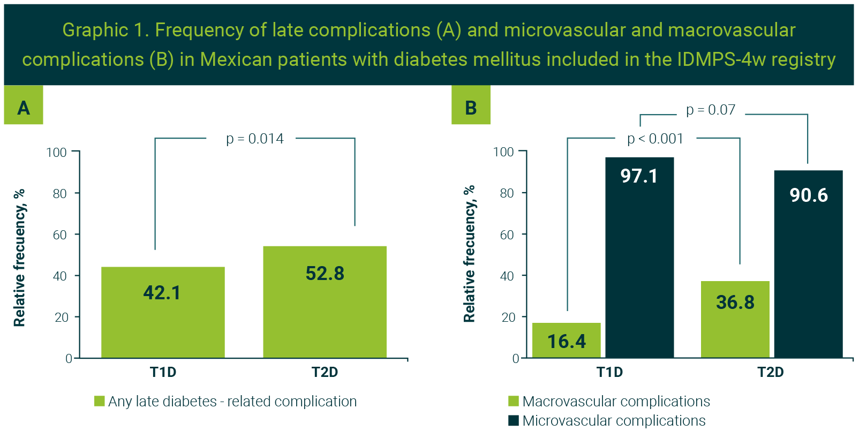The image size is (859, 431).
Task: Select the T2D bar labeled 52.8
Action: pyautogui.click(x=325, y=302)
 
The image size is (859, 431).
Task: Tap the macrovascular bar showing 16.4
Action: pyautogui.click(x=567, y=341)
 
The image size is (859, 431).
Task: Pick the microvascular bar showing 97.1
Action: pyautogui.click(x=639, y=257)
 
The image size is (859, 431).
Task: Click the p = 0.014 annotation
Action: pyautogui.click(x=255, y=139)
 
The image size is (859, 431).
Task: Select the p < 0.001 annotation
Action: pyautogui.click(x=655, y=139)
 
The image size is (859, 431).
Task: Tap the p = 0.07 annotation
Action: pyautogui.click(x=711, y=110)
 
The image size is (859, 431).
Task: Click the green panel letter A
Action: pyautogui.click(x=24, y=108)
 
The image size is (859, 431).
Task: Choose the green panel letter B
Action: pyautogui.click(x=471, y=108)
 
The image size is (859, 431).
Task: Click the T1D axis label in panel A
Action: pyautogui.click(x=163, y=372)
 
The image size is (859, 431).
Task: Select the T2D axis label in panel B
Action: pyautogui.click(x=770, y=372)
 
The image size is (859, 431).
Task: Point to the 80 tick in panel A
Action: pyautogui.click(x=59, y=193)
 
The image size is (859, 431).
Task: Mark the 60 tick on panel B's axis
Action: pyautogui.click(x=507, y=235)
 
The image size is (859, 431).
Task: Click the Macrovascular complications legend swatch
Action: pyautogui.click(x=514, y=401)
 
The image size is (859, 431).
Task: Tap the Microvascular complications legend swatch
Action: pyautogui.click(x=514, y=420)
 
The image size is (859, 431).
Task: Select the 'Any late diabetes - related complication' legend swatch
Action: pyautogui.click(x=100, y=401)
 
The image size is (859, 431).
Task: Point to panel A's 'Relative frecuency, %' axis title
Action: pyautogui.click(x=19, y=258)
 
